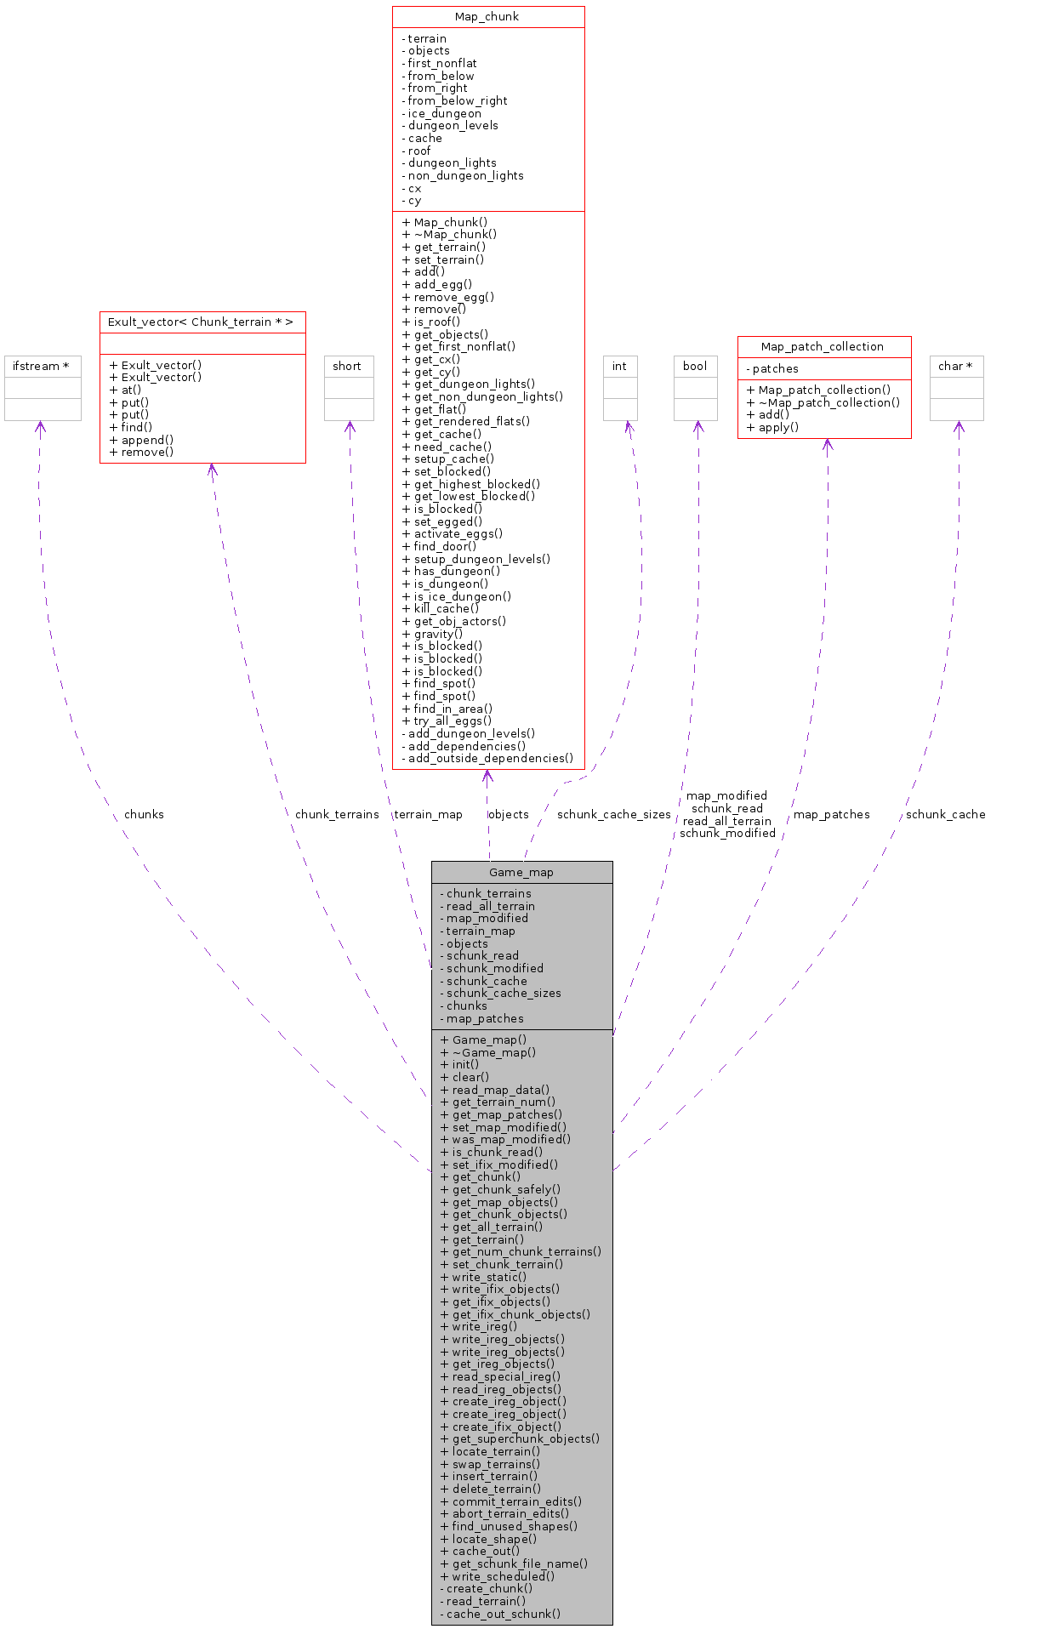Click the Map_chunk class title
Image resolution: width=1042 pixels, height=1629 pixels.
487,17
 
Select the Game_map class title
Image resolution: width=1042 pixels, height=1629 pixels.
521,872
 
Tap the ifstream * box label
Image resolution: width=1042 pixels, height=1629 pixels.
41,366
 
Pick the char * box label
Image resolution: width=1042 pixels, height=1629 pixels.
955,366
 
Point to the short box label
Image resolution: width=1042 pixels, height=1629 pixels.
347,366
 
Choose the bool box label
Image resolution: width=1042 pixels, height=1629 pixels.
695,366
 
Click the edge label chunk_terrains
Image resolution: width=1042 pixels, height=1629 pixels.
337,814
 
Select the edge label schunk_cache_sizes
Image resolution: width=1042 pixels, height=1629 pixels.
613,814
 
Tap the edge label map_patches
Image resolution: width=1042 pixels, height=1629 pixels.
831,814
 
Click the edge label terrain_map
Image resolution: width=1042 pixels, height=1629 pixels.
428,814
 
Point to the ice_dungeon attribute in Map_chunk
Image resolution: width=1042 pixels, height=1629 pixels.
444,113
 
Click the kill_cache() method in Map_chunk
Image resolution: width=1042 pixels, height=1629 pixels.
446,608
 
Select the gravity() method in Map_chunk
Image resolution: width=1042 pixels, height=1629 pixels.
438,634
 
